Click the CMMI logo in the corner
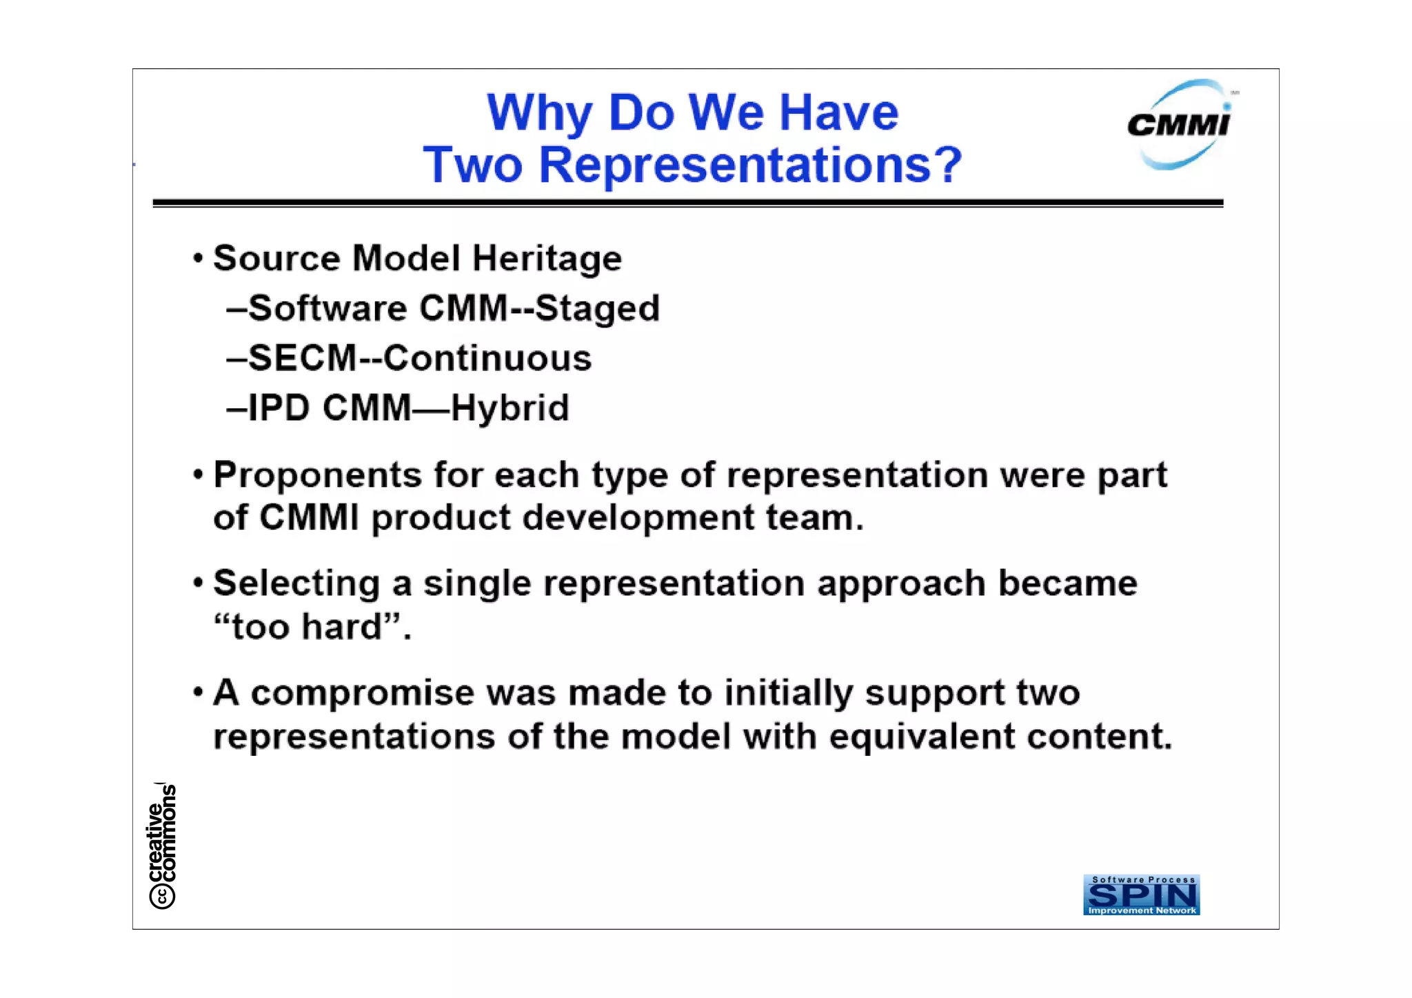point(1180,125)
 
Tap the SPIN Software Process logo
point(1141,895)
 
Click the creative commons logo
point(163,846)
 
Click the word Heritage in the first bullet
point(547,259)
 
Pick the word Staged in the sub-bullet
point(597,308)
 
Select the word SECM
point(302,358)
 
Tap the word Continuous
point(487,358)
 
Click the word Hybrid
point(510,408)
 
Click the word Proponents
point(317,475)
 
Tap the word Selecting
point(296,583)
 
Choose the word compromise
point(362,692)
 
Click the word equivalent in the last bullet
point(922,736)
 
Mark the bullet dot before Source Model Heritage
point(199,259)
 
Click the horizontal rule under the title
point(687,203)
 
